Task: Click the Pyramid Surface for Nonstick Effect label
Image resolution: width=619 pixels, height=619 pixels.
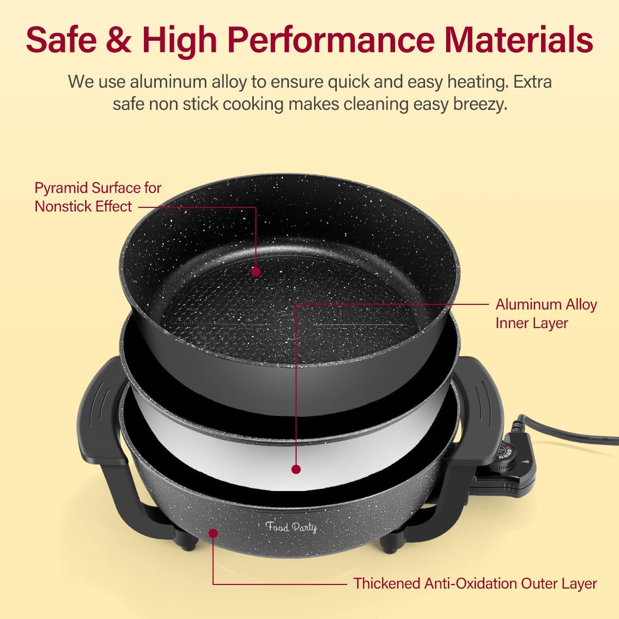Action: tap(97, 197)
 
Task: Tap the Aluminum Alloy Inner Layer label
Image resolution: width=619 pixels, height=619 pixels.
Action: tap(545, 314)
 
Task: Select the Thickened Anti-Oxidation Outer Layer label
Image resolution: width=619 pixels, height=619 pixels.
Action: tap(475, 583)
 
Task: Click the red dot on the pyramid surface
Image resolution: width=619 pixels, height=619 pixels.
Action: tap(255, 271)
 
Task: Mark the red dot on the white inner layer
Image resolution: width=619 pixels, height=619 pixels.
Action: tap(296, 469)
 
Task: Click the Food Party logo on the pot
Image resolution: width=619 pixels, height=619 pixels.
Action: tap(291, 527)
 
